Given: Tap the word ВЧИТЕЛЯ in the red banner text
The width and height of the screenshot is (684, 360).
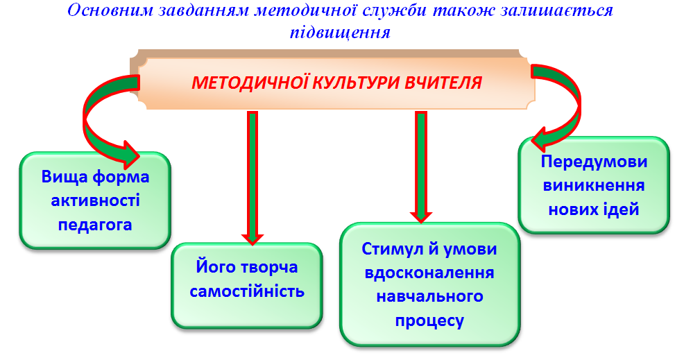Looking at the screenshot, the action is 443,83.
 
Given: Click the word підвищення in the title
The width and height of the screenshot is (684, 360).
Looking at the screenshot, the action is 340,33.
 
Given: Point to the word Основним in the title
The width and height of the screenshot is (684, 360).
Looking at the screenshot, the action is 111,10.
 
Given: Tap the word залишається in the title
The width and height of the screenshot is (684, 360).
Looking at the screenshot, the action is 556,11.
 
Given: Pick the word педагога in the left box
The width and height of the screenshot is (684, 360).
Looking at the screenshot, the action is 95,225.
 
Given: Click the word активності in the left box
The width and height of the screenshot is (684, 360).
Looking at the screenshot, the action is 95,200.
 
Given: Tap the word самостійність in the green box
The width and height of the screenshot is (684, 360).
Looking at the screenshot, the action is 247,291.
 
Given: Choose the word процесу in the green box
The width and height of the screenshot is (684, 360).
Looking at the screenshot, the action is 429,320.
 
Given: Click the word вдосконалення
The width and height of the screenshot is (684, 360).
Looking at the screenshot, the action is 429,273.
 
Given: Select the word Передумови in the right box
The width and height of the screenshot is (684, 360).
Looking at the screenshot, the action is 594,162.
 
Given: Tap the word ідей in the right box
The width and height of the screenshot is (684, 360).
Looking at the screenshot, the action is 621,209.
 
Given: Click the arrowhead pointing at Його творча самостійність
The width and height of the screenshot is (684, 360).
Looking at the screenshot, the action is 252,239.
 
